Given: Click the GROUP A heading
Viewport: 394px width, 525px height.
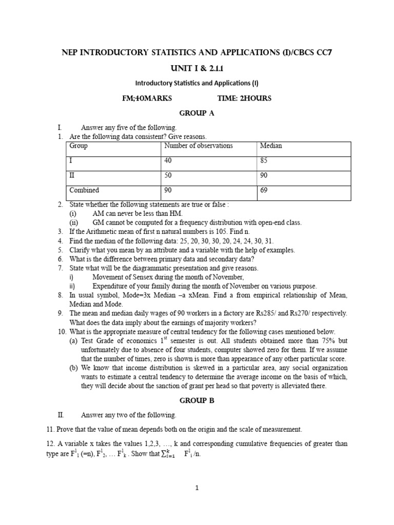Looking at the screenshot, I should (x=196, y=113).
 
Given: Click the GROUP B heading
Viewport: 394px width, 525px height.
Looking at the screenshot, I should (x=196, y=401).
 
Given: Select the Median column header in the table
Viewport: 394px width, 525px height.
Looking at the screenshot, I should (x=271, y=146).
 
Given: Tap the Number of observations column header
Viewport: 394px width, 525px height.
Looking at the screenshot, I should (x=198, y=146).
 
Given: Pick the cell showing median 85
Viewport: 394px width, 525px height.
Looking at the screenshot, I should (x=264, y=160).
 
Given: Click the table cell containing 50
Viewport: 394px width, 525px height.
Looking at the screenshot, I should (x=168, y=175).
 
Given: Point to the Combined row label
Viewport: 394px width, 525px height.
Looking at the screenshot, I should (x=84, y=190).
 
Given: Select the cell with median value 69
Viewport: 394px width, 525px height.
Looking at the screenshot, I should (x=264, y=190).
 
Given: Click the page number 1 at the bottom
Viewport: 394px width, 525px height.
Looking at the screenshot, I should (x=197, y=489).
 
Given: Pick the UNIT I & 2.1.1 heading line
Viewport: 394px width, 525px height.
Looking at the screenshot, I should (x=196, y=67).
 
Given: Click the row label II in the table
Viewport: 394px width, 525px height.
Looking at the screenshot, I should (x=72, y=175).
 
